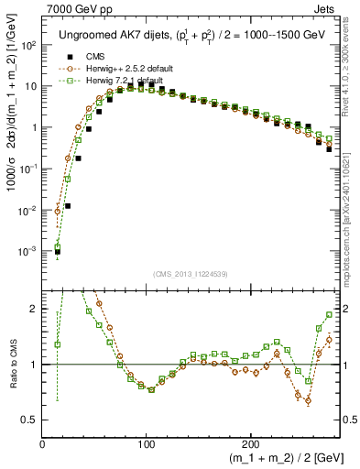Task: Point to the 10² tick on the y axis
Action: click(29, 45)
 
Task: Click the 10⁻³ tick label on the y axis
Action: click(29, 251)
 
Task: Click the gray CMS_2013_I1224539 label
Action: click(190, 272)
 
